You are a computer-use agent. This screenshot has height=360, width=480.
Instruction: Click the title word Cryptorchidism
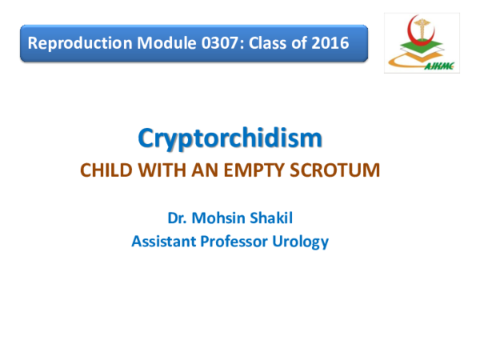tap(230, 138)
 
